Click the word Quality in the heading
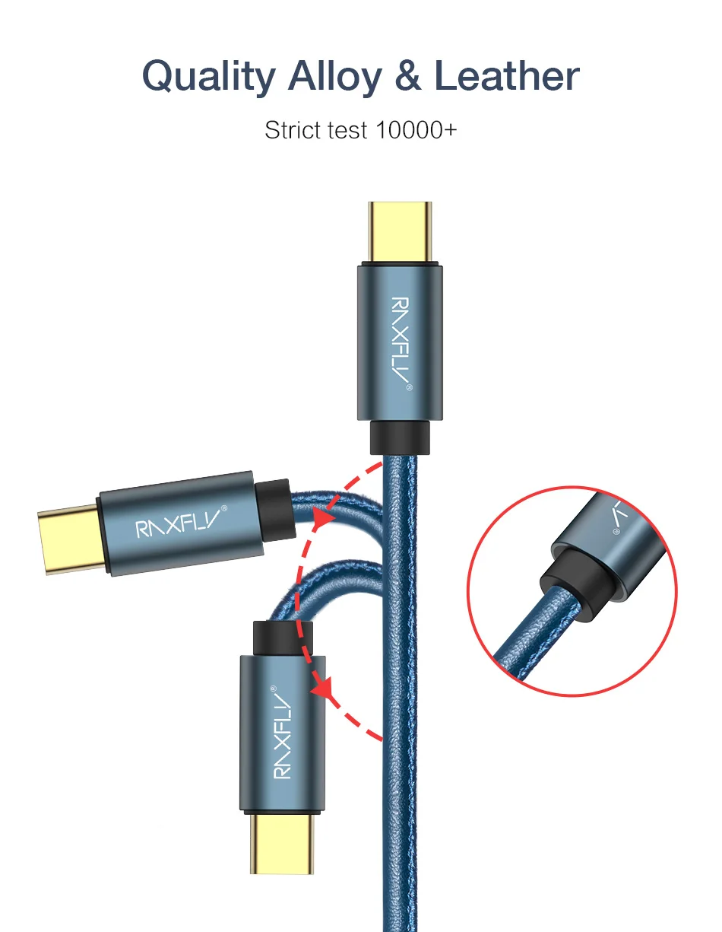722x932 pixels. click(x=208, y=78)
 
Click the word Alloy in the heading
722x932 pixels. click(x=334, y=78)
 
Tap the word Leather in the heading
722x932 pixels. click(x=506, y=78)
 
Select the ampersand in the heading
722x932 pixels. click(x=408, y=78)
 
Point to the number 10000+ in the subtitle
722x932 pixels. click(x=416, y=130)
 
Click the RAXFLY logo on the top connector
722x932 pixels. click(x=400, y=338)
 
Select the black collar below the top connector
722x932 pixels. click(x=400, y=437)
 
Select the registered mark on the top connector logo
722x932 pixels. click(x=409, y=388)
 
